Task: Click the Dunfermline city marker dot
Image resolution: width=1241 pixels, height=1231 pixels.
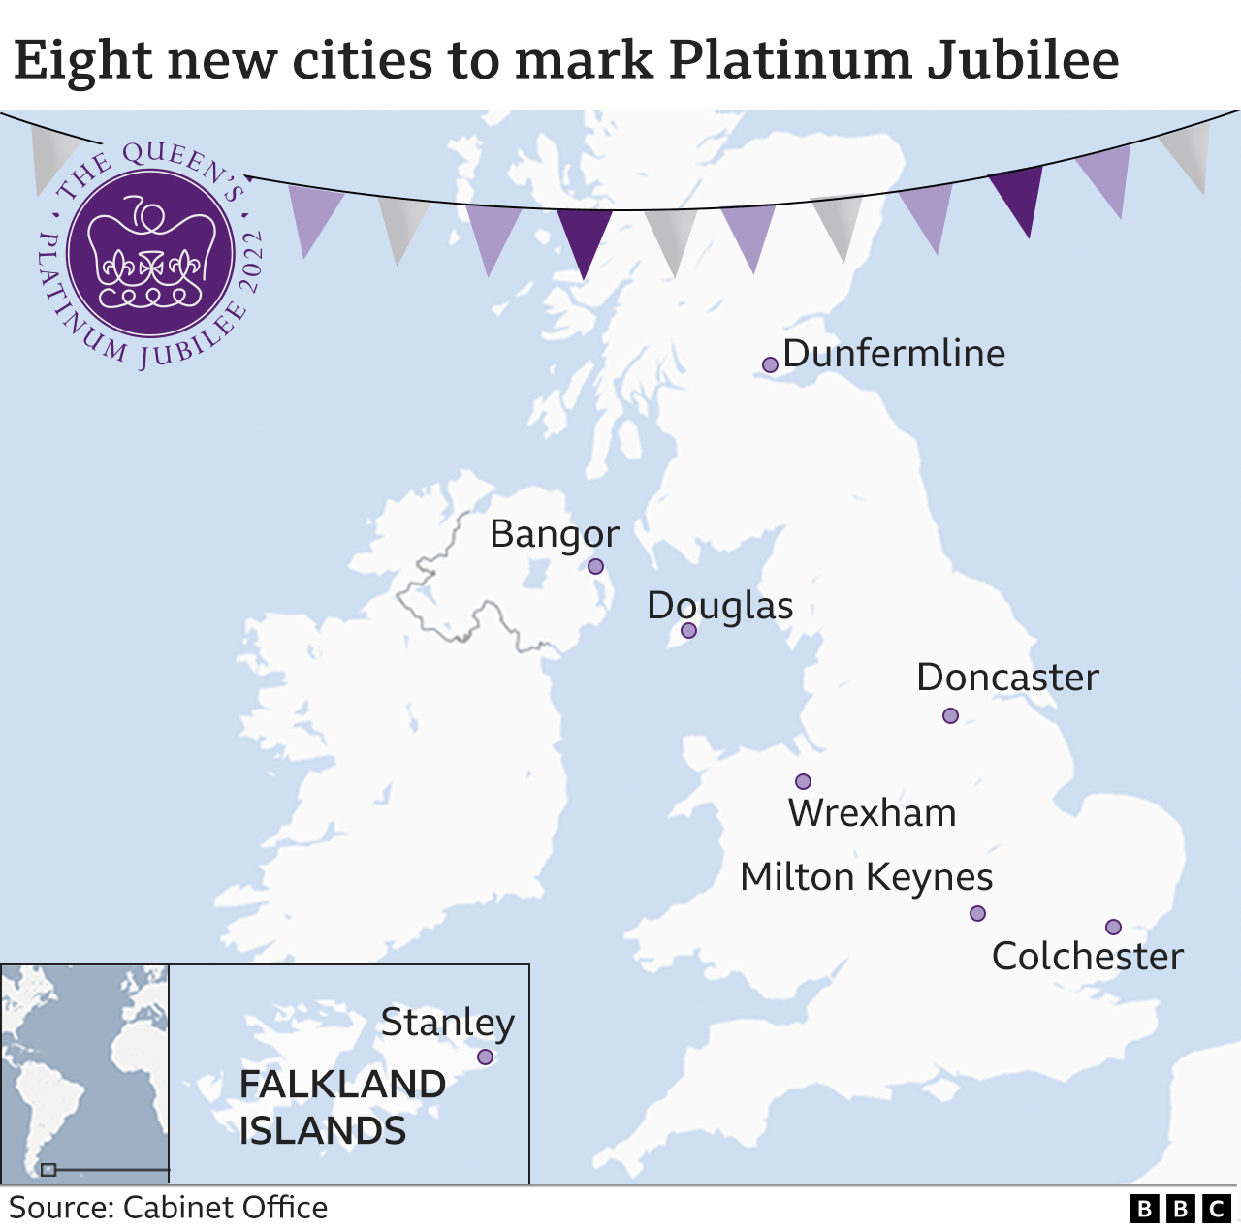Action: point(770,364)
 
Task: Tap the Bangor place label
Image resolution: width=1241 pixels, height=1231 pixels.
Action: point(554,534)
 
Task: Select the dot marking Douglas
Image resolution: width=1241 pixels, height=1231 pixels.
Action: point(688,630)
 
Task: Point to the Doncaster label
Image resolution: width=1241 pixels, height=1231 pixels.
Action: point(1007,678)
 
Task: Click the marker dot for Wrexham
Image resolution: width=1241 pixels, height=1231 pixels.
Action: point(803,781)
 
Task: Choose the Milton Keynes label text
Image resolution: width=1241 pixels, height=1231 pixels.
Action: point(866,877)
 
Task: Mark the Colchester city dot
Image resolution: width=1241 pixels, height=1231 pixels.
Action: point(1113,927)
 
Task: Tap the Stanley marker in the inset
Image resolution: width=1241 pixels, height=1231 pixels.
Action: point(485,1057)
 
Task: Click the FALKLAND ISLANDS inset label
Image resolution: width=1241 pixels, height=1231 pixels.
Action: point(341,1107)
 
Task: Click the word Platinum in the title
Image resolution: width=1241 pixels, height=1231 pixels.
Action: point(789,60)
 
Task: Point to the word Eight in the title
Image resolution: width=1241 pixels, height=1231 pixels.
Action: point(83,60)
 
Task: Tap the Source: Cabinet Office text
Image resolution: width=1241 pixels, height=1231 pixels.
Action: point(168,1208)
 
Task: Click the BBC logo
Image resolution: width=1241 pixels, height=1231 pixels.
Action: point(1180,1209)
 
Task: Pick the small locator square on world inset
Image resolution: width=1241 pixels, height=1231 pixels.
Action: point(48,1170)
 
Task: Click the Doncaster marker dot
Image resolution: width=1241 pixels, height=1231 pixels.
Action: point(950,715)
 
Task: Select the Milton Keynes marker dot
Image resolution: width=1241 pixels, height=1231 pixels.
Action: point(977,913)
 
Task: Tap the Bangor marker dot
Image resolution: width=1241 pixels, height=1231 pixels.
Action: point(595,566)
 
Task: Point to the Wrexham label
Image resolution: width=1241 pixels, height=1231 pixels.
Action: point(872,813)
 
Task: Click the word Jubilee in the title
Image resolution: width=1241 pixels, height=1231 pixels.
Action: point(1022,60)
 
